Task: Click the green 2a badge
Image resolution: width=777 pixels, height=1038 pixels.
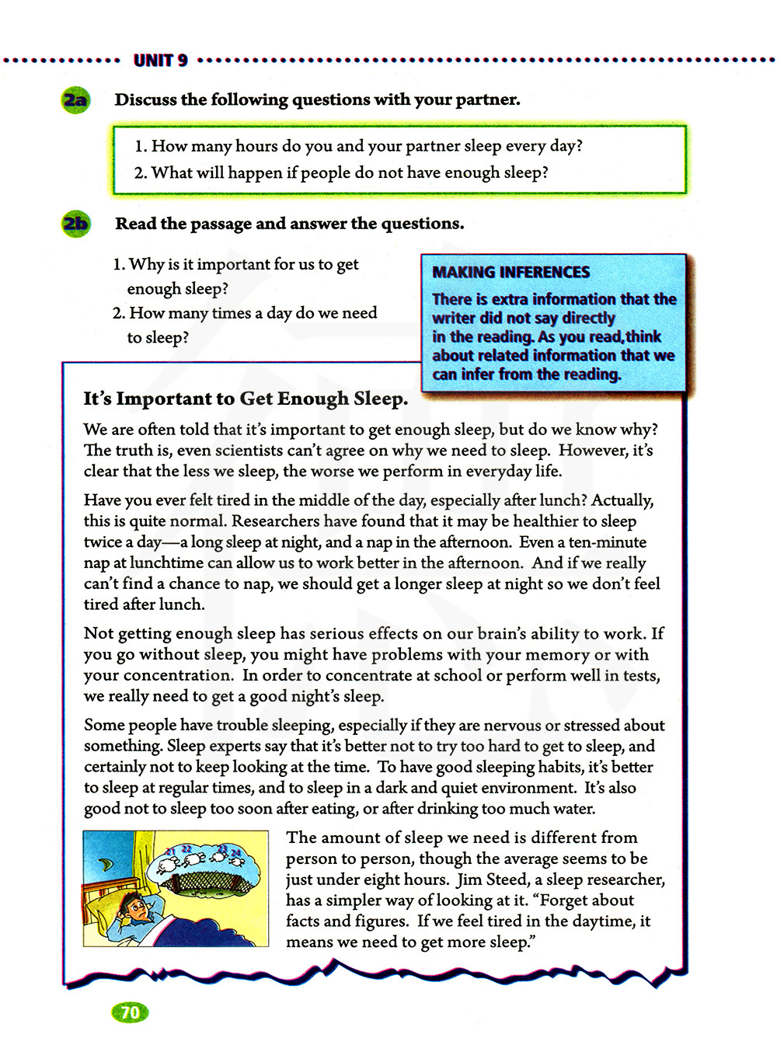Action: (x=75, y=100)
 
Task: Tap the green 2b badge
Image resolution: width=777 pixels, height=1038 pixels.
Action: (x=75, y=224)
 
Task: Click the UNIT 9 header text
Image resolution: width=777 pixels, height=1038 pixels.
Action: (x=160, y=60)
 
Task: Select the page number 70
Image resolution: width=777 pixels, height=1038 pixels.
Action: (x=130, y=1012)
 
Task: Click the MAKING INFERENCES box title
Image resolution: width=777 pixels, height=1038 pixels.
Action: (x=510, y=272)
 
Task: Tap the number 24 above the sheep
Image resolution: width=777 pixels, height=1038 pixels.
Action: (x=236, y=853)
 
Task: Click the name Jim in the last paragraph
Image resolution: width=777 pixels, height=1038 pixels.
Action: (x=469, y=880)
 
